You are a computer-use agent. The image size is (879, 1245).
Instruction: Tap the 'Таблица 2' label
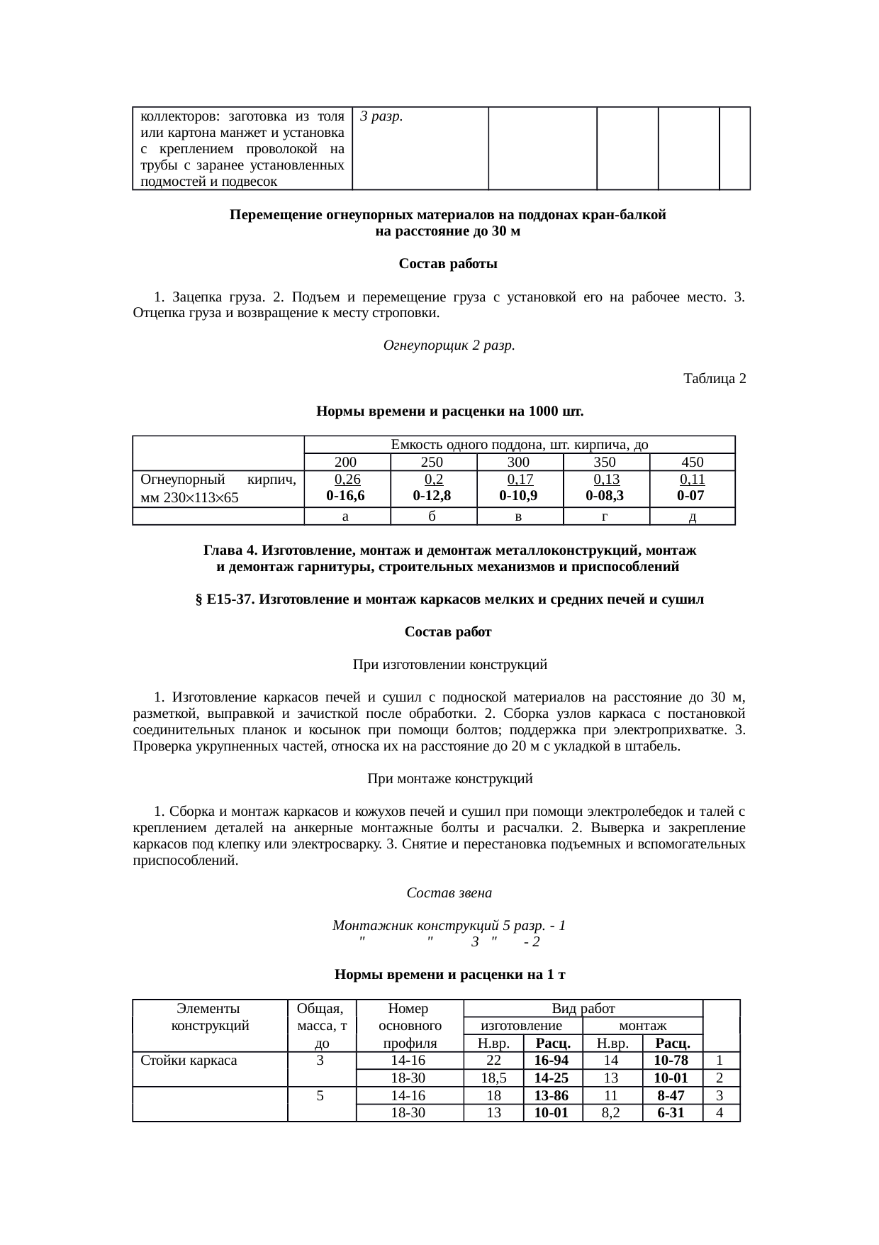coord(715,379)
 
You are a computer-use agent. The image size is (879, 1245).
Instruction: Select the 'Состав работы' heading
coord(447,264)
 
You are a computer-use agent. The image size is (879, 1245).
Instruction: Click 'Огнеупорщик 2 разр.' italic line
coord(448,345)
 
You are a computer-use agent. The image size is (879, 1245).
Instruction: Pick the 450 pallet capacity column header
coord(692,462)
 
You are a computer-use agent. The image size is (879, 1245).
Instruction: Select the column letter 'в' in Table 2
coord(519,517)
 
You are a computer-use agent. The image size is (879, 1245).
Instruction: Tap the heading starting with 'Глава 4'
coord(449,550)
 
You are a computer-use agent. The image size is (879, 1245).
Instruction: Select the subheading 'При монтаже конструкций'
coord(449,779)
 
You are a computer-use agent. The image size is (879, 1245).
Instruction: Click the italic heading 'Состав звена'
coord(449,892)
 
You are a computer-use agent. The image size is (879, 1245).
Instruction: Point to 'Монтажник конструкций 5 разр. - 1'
coord(448,926)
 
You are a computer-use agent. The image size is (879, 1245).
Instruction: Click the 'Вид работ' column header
coord(583,1008)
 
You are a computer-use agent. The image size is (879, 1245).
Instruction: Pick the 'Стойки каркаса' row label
coord(189,1061)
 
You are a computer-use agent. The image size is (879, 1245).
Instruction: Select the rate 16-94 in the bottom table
coord(552,1061)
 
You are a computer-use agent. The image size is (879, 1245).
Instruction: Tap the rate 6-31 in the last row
coord(671,1113)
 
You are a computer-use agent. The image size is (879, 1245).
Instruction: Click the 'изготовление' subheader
coord(521,1026)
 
